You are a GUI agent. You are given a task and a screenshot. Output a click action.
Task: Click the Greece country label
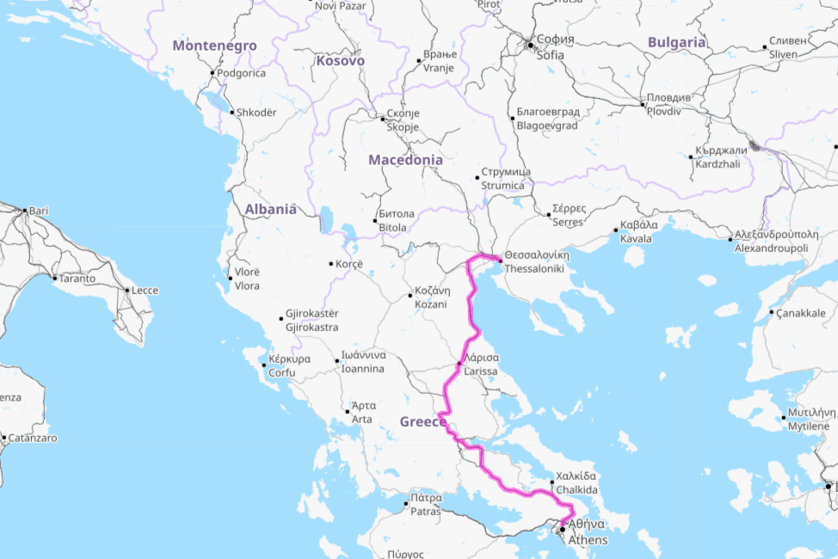coord(423,421)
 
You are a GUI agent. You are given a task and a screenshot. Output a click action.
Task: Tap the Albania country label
coord(270,209)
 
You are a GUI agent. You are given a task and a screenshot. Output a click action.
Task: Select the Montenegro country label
coord(213,46)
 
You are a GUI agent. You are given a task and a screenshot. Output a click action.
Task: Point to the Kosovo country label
coord(340,61)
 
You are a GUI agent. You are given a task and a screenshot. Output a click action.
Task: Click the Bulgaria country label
coord(676,42)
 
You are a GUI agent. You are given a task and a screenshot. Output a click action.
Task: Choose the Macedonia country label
coord(405,160)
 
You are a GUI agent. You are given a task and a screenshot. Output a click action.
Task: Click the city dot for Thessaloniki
coord(500,258)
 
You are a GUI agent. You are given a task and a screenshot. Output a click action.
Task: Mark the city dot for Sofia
coord(532,45)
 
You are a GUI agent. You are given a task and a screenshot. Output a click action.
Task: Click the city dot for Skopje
coord(383,119)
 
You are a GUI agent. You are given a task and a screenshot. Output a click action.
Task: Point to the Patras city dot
coord(407,504)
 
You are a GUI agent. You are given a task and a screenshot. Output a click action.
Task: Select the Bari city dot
coord(25,211)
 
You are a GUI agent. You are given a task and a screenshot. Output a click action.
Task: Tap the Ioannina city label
coord(363,362)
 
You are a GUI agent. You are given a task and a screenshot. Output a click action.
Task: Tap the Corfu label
coord(283,365)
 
